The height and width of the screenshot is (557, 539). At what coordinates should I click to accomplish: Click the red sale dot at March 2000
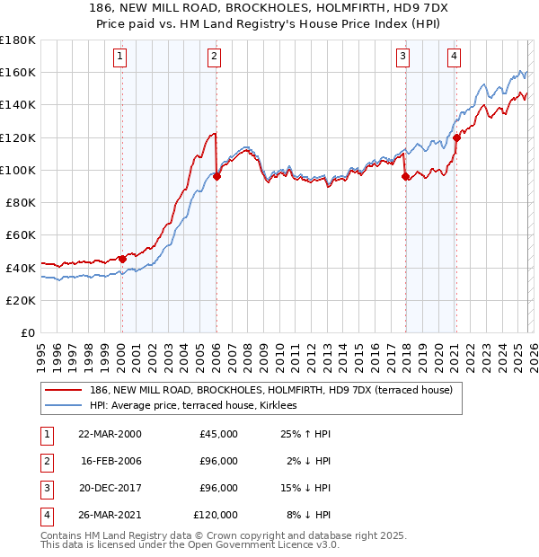[x=122, y=260]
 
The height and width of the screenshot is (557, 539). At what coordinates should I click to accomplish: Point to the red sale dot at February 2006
[x=216, y=176]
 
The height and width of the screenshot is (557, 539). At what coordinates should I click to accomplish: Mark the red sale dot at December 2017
[x=405, y=176]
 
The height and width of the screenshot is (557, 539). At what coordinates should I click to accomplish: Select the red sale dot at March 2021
[x=456, y=137]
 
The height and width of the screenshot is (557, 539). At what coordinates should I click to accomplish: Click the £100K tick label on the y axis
[x=18, y=170]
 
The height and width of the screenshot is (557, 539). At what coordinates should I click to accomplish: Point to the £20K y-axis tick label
[x=21, y=300]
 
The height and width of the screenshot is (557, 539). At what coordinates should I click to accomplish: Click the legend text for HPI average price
[x=199, y=406]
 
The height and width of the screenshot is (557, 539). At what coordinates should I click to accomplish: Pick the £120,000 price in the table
[x=215, y=515]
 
